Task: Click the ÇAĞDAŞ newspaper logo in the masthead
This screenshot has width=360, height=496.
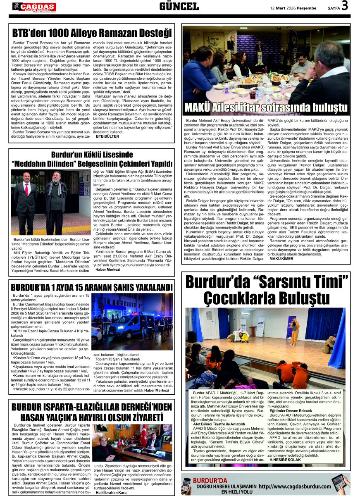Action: pyautogui.click(x=34, y=7)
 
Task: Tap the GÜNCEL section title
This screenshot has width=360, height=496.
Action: pyautogui.click(x=179, y=6)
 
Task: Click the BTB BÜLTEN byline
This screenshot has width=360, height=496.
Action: pyautogui.click(x=107, y=136)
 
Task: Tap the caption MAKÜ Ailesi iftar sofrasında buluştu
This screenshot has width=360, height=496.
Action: pyautogui.click(x=266, y=107)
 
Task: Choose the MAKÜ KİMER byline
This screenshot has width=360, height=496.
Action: pyautogui.click(x=281, y=259)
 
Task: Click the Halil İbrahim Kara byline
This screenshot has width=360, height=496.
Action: pyautogui.click(x=112, y=493)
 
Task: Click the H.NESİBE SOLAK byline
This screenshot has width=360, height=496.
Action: pyautogui.click(x=285, y=460)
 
